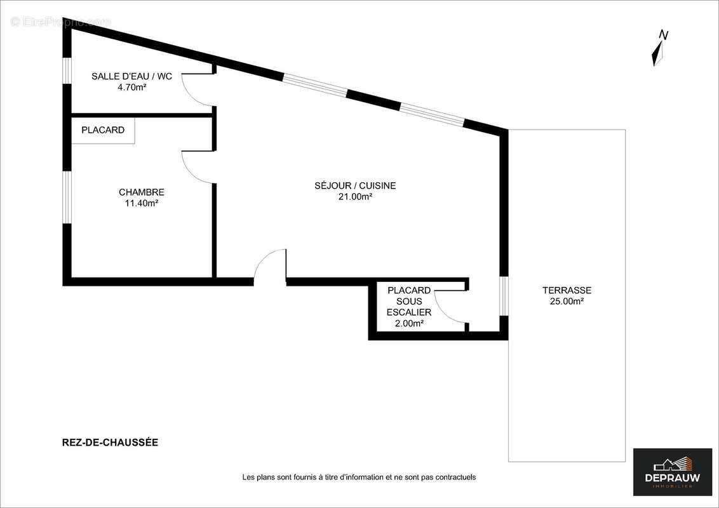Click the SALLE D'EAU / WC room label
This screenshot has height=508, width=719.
pyautogui.click(x=131, y=76)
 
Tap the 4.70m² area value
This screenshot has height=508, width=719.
pyautogui.click(x=131, y=88)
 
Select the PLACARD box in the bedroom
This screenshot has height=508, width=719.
pyautogui.click(x=103, y=130)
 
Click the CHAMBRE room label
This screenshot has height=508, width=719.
pyautogui.click(x=142, y=192)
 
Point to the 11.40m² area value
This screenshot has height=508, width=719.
pyautogui.click(x=142, y=203)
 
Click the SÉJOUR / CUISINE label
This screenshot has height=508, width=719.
pyautogui.click(x=355, y=185)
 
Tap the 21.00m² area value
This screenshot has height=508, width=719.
pyautogui.click(x=355, y=197)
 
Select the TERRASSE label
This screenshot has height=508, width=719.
pyautogui.click(x=567, y=290)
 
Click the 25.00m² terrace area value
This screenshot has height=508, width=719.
pyautogui.click(x=567, y=302)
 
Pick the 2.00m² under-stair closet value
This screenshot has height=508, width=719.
pyautogui.click(x=409, y=323)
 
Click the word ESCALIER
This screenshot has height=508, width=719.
pyautogui.click(x=409, y=312)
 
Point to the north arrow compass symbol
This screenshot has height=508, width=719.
pyautogui.click(x=659, y=48)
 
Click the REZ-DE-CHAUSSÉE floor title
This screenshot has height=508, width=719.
pyautogui.click(x=106, y=443)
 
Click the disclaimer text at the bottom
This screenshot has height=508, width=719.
pyautogui.click(x=359, y=477)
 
